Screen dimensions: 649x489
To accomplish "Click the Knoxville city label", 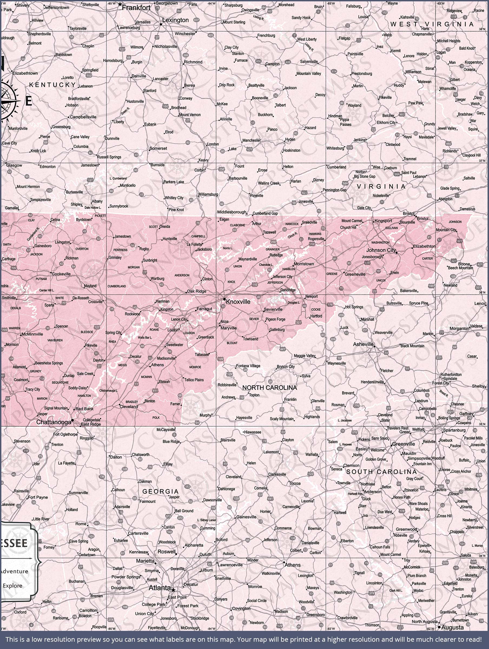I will (238, 302).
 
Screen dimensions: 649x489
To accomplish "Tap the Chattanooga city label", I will (54, 422).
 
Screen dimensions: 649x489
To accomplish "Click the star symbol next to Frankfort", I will (120, 5).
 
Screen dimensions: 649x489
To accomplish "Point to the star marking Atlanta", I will (173, 590).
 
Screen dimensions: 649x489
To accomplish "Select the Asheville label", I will (363, 344).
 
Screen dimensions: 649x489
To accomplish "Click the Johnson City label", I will (381, 250).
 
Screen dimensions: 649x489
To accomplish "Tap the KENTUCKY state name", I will (52, 85).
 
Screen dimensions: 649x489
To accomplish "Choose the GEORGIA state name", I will (161, 491).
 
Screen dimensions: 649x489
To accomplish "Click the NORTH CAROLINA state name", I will (269, 388).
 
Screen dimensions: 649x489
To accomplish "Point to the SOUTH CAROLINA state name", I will (381, 472).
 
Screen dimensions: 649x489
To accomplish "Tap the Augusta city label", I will (452, 628).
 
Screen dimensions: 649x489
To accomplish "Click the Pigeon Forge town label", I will (275, 319).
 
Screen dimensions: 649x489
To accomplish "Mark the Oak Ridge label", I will (197, 291).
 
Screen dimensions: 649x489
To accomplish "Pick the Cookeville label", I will (61, 274).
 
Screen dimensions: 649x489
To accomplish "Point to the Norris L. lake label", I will (227, 248).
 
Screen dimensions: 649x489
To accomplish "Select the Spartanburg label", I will (454, 430).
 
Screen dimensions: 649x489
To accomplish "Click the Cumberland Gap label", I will (265, 213).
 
